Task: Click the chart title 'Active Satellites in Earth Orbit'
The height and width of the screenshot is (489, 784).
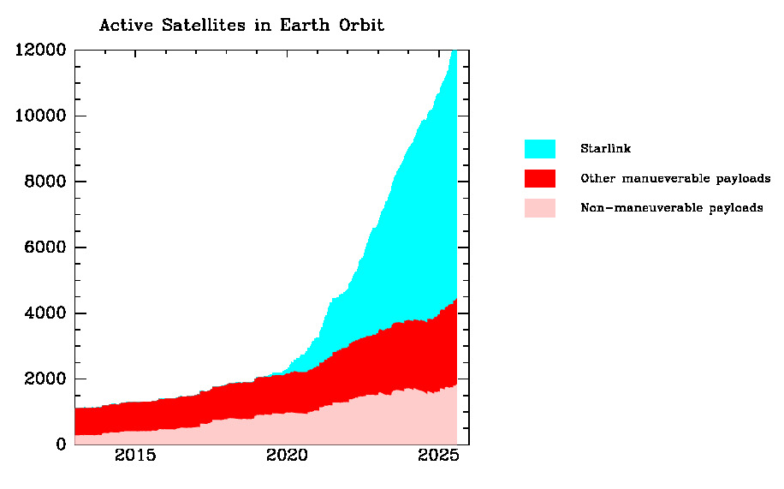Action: pos(241,25)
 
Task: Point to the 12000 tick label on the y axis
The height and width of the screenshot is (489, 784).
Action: pos(40,50)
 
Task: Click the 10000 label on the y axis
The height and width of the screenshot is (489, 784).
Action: pos(40,116)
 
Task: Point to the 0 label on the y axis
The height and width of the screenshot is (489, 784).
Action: pos(61,444)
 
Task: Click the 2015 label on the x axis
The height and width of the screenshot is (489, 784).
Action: pos(135,455)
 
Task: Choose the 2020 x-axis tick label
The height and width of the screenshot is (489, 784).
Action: pos(287,455)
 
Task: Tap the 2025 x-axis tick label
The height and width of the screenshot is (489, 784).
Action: pos(438,455)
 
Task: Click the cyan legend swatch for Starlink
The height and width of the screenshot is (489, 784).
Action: pos(539,149)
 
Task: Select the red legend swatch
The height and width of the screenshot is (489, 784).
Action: pos(539,178)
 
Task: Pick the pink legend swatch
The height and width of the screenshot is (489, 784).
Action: pos(539,208)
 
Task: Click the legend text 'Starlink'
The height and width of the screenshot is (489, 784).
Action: pos(605,149)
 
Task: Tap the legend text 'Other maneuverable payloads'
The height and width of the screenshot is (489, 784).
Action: pos(675,179)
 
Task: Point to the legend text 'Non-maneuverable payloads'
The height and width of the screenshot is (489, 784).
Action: pos(671,208)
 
